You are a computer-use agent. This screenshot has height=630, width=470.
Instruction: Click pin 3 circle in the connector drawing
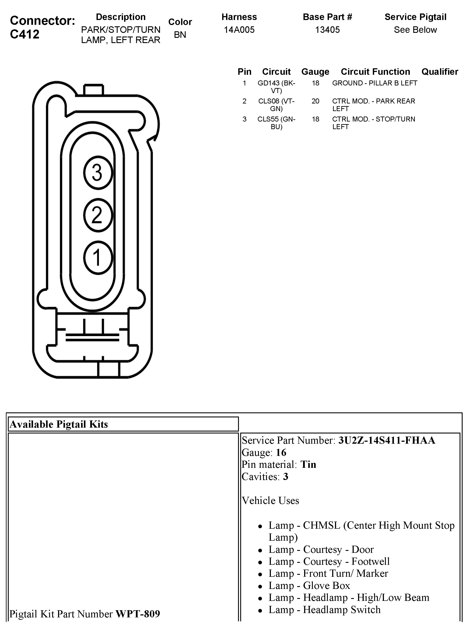[x=98, y=172]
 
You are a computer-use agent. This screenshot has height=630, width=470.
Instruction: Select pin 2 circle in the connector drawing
[x=98, y=215]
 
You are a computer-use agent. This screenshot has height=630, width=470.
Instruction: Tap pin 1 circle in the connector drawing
[x=98, y=258]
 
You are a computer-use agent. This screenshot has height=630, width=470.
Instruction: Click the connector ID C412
[x=25, y=34]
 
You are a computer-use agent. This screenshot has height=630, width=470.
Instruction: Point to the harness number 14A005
[x=239, y=30]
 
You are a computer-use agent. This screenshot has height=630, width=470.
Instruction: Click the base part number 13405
[x=327, y=30]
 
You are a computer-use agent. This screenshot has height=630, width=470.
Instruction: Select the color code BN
[x=180, y=35]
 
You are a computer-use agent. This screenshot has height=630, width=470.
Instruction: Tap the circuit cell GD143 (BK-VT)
[x=276, y=87]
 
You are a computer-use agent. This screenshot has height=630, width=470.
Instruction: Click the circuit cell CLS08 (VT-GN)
[x=276, y=105]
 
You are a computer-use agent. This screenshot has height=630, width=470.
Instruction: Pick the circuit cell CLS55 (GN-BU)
[x=276, y=123]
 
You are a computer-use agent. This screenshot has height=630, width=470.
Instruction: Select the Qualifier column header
[x=440, y=72]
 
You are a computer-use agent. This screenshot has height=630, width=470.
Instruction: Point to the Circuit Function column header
[x=375, y=72]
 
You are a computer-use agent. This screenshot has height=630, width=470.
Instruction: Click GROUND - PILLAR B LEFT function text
[x=374, y=83]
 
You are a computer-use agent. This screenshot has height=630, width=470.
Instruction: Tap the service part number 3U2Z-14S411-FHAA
[x=386, y=440]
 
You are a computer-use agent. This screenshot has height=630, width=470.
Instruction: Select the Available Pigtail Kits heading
[x=59, y=424]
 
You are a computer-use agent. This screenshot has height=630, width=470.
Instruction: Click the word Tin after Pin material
[x=308, y=465]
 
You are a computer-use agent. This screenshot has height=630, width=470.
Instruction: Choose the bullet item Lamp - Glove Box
[x=309, y=585]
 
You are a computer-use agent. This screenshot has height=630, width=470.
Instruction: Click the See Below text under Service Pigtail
[x=415, y=30]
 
